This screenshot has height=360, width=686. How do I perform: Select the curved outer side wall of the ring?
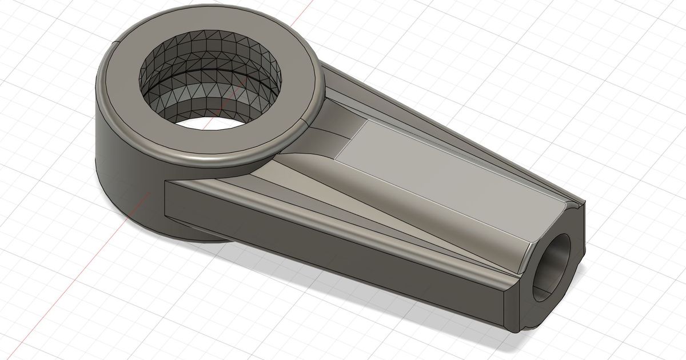point(120,166)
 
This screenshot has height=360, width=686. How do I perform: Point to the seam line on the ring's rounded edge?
point(304,122)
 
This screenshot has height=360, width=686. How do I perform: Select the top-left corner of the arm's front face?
point(165,183)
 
